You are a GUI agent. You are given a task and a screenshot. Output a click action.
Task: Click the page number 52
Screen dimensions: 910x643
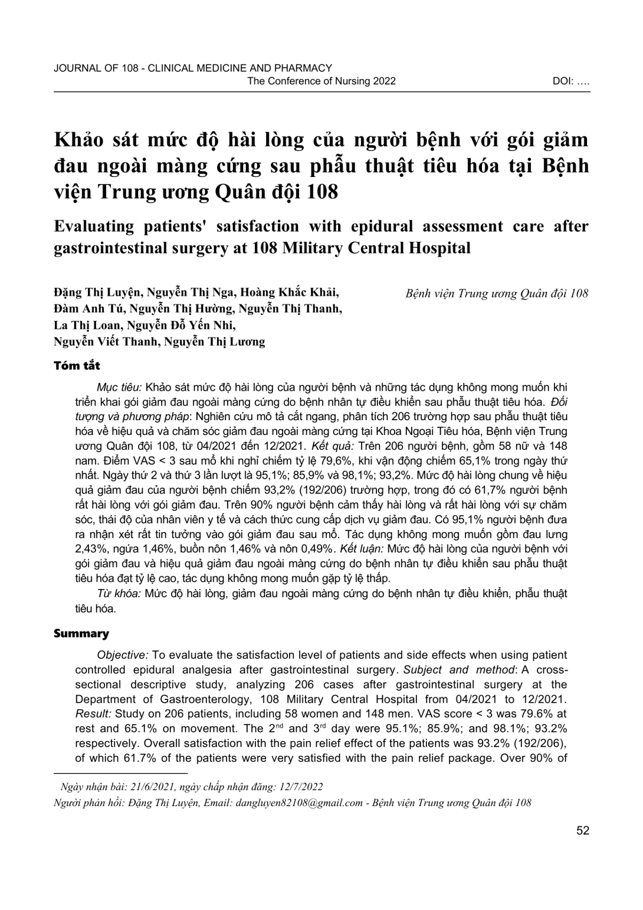point(583,831)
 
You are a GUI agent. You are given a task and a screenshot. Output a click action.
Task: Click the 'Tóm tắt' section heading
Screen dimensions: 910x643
point(77,366)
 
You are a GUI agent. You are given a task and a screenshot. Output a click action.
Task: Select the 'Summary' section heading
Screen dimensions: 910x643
point(81,634)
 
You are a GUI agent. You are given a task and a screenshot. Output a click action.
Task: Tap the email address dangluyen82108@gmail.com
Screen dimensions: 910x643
point(298,803)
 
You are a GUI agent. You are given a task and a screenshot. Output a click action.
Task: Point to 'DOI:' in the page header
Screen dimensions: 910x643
point(564,81)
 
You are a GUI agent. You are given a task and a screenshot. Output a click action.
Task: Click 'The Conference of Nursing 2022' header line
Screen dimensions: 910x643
point(321,81)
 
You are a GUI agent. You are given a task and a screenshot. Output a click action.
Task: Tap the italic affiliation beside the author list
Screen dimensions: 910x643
point(497,293)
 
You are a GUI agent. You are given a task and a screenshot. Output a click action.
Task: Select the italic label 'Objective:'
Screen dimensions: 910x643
point(123,655)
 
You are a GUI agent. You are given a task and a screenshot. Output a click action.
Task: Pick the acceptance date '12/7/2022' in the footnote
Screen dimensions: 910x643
point(301,787)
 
